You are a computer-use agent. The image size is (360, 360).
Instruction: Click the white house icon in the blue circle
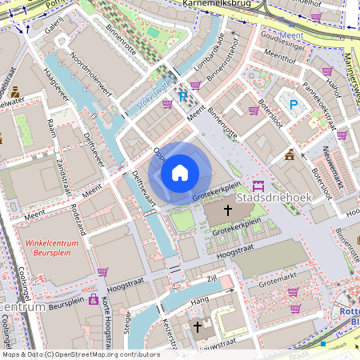tap(180, 173)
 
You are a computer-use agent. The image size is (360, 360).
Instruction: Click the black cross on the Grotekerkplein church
tap(227, 210)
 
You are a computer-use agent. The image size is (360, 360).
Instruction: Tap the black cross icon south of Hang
tap(198, 326)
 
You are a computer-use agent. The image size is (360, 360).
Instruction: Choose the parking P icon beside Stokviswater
tap(184, 98)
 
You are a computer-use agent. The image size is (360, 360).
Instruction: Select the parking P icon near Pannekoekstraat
tap(293, 104)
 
